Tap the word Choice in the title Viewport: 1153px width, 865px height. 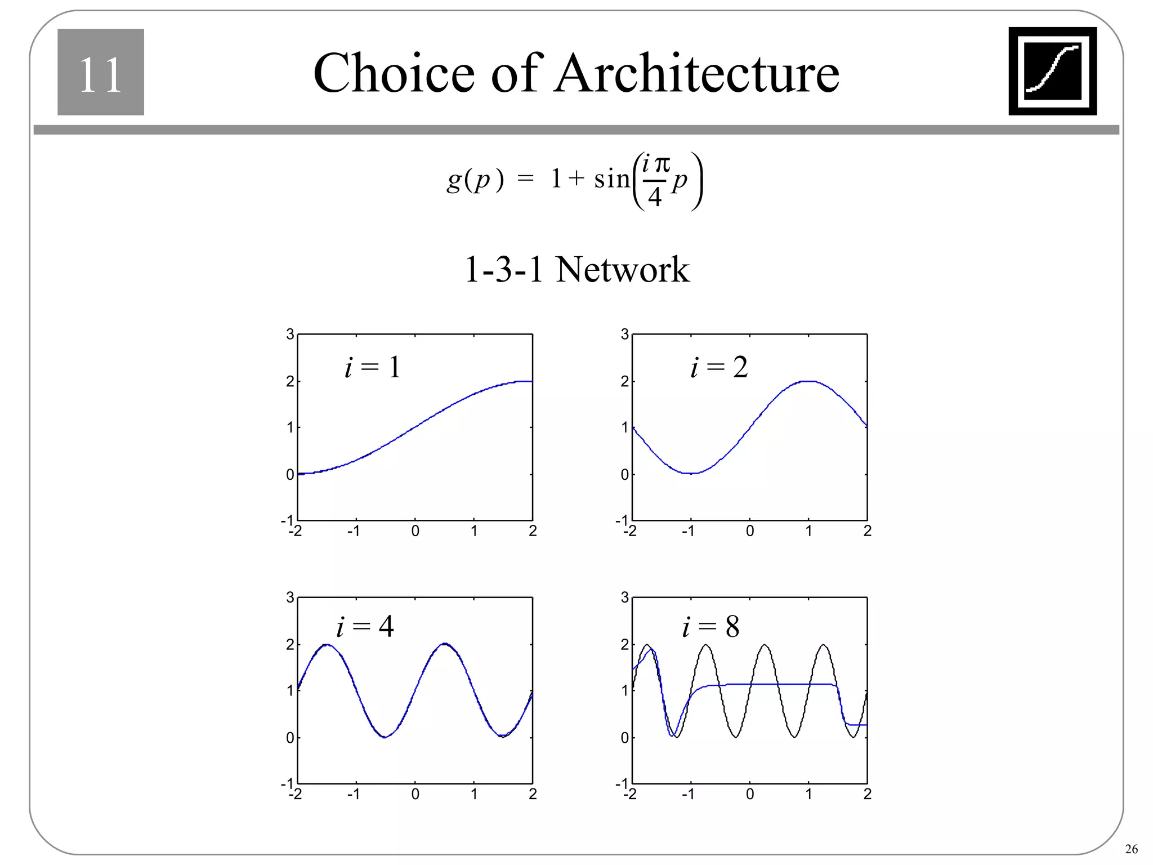tap(394, 73)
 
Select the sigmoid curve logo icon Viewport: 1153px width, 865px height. tap(1052, 71)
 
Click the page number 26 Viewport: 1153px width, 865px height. tap(1130, 849)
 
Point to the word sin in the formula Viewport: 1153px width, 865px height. tap(611, 179)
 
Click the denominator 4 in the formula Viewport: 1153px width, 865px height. tap(654, 197)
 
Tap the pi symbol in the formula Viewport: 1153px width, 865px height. tap(663, 164)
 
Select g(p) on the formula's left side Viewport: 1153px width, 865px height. tap(475, 180)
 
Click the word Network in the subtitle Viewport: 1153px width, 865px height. tap(622, 269)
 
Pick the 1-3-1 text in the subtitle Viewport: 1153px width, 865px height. tap(503, 269)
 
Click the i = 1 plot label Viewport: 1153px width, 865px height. tap(373, 367)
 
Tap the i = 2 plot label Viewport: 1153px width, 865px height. tap(719, 367)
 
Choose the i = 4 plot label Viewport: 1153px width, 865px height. tap(365, 626)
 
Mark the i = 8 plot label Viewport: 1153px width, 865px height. tap(710, 626)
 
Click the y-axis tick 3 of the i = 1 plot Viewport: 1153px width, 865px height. tap(290, 335)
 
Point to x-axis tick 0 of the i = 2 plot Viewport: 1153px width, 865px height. tap(749, 531)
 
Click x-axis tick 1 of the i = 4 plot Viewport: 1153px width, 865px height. tap(474, 794)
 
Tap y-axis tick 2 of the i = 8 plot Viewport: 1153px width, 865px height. tap(624, 644)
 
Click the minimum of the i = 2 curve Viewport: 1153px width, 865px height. tap(691, 473)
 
